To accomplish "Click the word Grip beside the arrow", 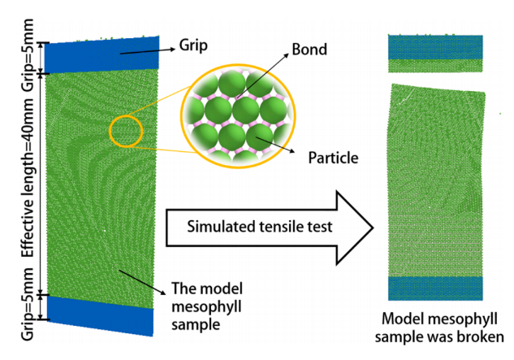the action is (x=193, y=46).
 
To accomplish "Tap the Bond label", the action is (x=309, y=50).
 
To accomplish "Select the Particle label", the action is (x=333, y=158).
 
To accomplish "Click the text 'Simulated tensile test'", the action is (x=260, y=227).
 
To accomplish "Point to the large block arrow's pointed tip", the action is (x=373, y=228).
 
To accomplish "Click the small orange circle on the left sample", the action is (x=126, y=115).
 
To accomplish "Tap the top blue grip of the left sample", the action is (x=102, y=54).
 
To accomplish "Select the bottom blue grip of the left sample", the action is (x=100, y=315).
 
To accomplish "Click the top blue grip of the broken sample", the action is (x=435, y=47).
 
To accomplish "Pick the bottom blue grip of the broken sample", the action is (x=435, y=288).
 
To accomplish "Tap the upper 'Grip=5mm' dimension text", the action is (x=28, y=54).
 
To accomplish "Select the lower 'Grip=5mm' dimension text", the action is (x=28, y=304).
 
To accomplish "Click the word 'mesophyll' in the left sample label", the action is (x=206, y=307).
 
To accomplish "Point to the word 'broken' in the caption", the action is (x=482, y=336).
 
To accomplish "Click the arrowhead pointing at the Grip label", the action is (x=173, y=50).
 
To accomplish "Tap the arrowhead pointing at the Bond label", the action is (x=287, y=55).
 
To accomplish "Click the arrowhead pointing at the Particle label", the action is (x=292, y=151).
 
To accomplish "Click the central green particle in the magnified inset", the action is (x=245, y=110).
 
